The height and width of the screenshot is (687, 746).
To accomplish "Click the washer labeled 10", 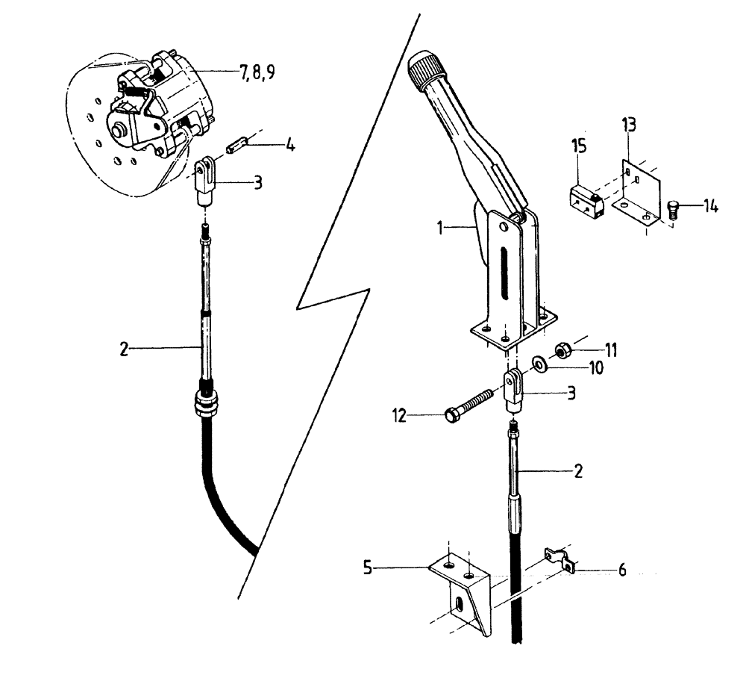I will click(538, 364).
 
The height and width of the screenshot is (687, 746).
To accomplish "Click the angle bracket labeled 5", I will click(463, 590).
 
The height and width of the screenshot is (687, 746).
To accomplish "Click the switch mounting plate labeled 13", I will click(636, 190).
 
